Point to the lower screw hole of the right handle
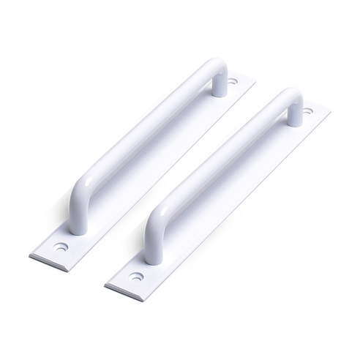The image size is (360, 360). [x=136, y=277]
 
